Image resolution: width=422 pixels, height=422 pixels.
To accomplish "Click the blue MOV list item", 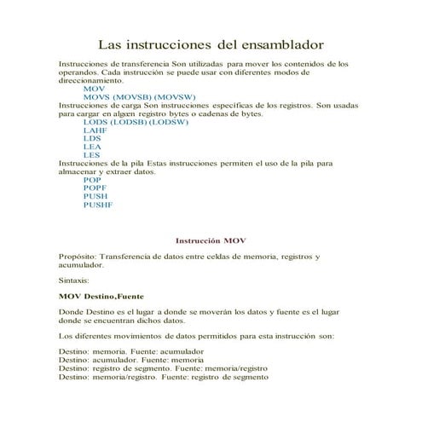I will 93,88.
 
